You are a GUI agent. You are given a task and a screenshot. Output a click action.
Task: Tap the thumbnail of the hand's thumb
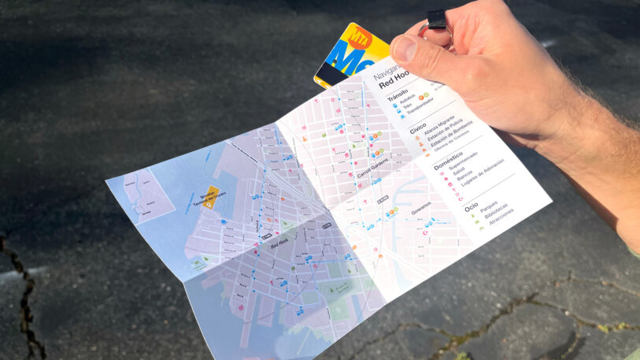(x=403, y=49)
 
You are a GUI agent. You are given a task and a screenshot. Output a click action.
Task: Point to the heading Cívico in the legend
(x=418, y=127)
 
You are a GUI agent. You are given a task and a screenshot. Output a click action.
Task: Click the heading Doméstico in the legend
(x=448, y=155)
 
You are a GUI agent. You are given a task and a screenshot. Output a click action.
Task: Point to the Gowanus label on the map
(x=420, y=206)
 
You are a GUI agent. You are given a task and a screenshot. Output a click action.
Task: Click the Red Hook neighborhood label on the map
(x=279, y=245)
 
